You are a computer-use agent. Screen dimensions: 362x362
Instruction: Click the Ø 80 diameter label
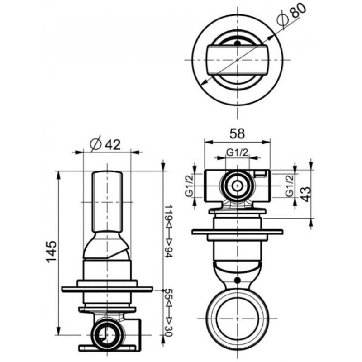[x=291, y=15]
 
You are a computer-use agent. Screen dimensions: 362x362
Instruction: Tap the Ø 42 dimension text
[x=105, y=145]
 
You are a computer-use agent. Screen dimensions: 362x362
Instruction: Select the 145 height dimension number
[x=51, y=252]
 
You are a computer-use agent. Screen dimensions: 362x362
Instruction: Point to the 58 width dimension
[x=237, y=133]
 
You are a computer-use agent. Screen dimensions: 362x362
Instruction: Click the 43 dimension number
[x=305, y=194]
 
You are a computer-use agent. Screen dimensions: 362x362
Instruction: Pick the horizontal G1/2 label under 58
[x=237, y=152]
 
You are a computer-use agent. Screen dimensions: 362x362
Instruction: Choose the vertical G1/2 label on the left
[x=189, y=186]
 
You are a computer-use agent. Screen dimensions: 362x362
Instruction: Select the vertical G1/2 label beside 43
[x=289, y=186]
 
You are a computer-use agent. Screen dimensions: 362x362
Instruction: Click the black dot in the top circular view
[x=237, y=43]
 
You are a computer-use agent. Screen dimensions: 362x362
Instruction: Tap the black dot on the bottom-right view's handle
[x=237, y=280]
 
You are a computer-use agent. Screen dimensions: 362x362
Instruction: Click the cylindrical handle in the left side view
[x=107, y=202]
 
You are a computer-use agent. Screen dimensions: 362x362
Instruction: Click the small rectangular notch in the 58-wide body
[x=261, y=174]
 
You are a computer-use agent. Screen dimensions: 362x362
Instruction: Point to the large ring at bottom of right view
[x=237, y=319]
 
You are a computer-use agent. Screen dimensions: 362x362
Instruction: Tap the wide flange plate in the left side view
[x=107, y=289]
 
